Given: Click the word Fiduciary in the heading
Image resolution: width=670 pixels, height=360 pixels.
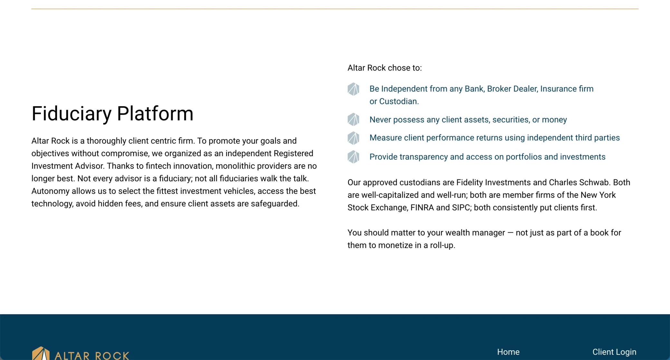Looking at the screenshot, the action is (x=72, y=114).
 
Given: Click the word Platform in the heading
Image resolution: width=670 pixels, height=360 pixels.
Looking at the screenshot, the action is (x=155, y=114).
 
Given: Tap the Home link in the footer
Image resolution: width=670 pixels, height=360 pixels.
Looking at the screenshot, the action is (x=508, y=352).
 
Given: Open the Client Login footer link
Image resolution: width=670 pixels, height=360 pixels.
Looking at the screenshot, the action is (x=614, y=352).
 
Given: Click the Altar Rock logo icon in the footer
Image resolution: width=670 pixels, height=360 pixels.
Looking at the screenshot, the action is (x=41, y=353).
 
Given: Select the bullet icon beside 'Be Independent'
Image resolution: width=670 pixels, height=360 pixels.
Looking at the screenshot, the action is (x=353, y=89).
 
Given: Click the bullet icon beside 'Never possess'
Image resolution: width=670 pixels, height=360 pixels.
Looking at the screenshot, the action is (x=353, y=119).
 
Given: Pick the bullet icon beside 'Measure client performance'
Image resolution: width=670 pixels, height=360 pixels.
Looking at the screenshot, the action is (x=353, y=138).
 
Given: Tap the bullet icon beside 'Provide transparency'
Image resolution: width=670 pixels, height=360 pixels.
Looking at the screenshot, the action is (x=353, y=157).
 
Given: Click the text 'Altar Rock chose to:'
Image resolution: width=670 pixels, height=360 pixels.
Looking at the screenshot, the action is (x=385, y=68).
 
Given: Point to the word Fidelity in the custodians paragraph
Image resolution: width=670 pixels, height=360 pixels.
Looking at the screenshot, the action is (x=470, y=183).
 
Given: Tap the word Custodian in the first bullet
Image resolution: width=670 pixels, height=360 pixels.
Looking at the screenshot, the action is (x=399, y=101).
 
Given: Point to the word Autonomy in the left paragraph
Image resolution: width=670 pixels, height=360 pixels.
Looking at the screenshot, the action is (x=51, y=191).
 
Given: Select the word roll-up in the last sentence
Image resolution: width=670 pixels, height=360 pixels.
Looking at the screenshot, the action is (x=443, y=245).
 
